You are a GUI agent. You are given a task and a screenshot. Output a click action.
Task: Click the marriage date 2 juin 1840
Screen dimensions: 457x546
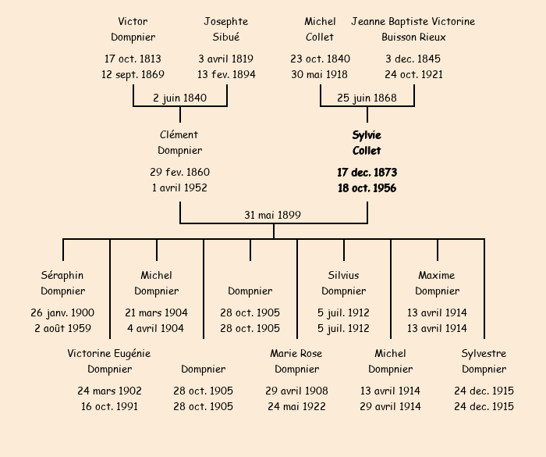pyautogui.click(x=180, y=98)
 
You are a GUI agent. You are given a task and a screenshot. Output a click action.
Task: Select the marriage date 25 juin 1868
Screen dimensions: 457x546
pyautogui.click(x=367, y=98)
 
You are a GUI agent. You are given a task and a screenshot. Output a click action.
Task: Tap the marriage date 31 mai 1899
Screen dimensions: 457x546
pyautogui.click(x=273, y=215)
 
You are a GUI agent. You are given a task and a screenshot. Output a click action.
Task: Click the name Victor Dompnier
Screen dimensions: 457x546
pyautogui.click(x=133, y=30)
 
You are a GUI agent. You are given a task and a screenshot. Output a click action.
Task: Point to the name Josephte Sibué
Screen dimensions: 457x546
pyautogui.click(x=226, y=30)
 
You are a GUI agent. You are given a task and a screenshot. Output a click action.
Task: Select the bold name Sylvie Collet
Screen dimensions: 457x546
pyautogui.click(x=367, y=143)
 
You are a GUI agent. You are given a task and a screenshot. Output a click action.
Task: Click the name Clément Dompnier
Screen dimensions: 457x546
pyautogui.click(x=180, y=143)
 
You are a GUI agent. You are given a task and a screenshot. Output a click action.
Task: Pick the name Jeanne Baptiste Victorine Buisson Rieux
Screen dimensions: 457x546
pyautogui.click(x=413, y=30)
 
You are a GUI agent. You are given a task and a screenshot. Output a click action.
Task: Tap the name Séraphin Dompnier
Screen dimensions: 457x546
pyautogui.click(x=63, y=284)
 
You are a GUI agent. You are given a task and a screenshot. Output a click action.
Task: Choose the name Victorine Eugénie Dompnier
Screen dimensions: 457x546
pyautogui.click(x=110, y=362)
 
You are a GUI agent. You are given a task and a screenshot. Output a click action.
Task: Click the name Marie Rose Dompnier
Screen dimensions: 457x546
pyautogui.click(x=296, y=362)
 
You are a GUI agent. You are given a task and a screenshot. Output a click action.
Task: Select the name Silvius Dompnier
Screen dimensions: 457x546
pyautogui.click(x=344, y=284)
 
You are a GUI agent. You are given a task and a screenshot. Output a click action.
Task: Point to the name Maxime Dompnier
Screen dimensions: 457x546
pyautogui.click(x=437, y=284)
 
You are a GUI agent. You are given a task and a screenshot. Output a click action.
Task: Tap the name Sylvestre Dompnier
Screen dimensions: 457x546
pyautogui.click(x=484, y=362)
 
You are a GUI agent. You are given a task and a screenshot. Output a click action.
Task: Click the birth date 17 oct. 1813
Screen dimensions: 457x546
pyautogui.click(x=133, y=59)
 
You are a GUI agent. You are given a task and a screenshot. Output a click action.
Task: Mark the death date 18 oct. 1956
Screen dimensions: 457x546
pyautogui.click(x=367, y=188)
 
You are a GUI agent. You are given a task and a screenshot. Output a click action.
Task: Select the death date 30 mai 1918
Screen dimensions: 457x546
pyautogui.click(x=321, y=75)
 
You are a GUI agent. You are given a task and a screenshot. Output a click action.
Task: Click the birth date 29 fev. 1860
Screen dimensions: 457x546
pyautogui.click(x=180, y=172)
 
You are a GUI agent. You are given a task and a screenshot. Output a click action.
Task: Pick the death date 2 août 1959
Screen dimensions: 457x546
pyautogui.click(x=63, y=329)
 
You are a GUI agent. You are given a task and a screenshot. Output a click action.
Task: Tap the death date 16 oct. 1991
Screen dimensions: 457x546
pyautogui.click(x=110, y=406)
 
